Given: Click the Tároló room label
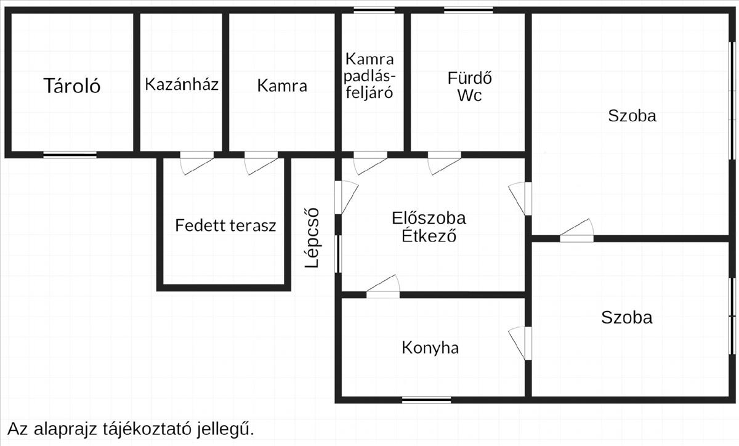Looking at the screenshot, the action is [x=72, y=86].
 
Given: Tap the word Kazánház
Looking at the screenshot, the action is [x=182, y=84].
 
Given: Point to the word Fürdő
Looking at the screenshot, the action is [x=469, y=78].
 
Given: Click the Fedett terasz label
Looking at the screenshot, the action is [x=225, y=225].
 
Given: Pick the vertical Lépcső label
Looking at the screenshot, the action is [x=312, y=238].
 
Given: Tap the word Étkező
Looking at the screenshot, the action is [x=429, y=235].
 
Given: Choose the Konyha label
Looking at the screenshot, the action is [x=430, y=348].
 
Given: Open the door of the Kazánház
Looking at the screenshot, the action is [x=197, y=163].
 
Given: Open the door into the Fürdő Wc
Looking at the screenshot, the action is [x=445, y=163].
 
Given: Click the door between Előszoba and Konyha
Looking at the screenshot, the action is [x=383, y=286].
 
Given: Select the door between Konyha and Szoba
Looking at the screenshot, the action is [x=520, y=343].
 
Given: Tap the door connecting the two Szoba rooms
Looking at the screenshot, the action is [x=576, y=230].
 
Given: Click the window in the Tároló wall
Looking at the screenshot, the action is [x=70, y=155].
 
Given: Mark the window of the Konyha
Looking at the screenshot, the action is [x=427, y=400].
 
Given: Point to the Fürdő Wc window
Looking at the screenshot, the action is [x=469, y=10].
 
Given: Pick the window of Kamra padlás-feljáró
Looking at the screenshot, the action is [x=374, y=10].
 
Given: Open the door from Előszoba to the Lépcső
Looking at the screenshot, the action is [x=346, y=197].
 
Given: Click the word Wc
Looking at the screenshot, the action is [x=469, y=95].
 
